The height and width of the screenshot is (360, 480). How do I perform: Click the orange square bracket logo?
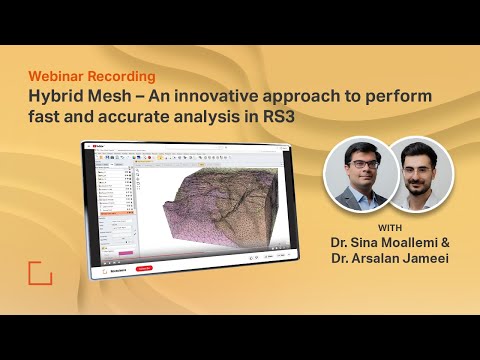click(40, 273)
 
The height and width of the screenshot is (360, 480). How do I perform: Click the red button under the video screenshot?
click(144, 269)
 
